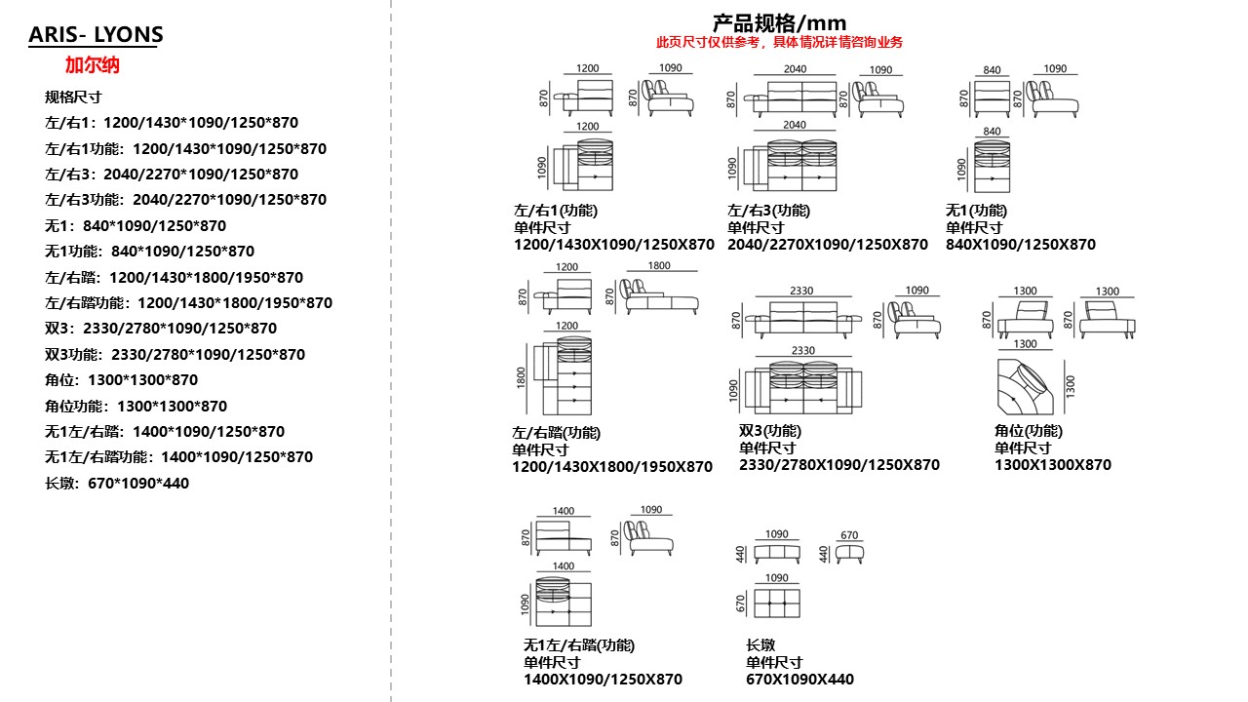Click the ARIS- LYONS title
(96, 35)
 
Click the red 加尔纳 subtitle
(92, 65)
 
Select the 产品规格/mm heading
(779, 22)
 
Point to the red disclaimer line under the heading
(779, 42)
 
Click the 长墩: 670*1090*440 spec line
(117, 483)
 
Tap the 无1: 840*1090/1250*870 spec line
(136, 226)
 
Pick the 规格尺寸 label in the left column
(73, 97)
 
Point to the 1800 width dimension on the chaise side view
(659, 265)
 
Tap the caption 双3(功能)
(769, 431)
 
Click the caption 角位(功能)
(1028, 431)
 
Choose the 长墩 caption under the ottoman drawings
(760, 644)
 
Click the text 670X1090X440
(799, 680)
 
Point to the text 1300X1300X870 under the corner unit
(1052, 465)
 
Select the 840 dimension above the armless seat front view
(992, 70)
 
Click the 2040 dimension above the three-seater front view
(795, 69)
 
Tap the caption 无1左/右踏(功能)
(578, 644)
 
